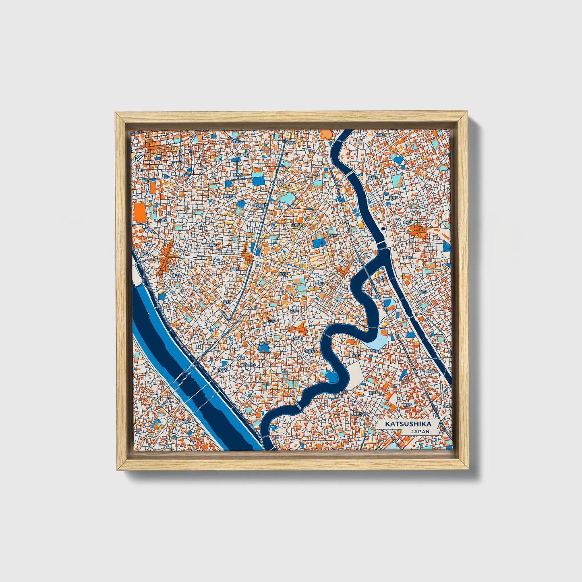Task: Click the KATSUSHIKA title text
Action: [408, 424]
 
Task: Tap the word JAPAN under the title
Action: [420, 431]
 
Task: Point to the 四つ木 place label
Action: [222, 369]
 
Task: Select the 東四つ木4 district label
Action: [247, 365]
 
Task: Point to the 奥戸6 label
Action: [432, 371]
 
